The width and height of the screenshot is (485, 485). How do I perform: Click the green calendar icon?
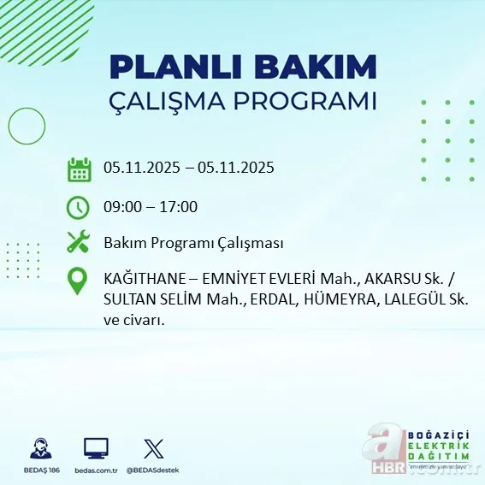click(x=79, y=169)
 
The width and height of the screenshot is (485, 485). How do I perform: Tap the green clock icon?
click(x=79, y=207)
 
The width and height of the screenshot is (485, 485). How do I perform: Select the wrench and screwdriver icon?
click(x=79, y=243)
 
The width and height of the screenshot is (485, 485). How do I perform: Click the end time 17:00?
click(x=179, y=206)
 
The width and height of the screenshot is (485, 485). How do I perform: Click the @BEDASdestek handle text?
click(x=154, y=470)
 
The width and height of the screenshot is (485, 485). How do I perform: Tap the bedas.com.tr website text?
click(x=96, y=470)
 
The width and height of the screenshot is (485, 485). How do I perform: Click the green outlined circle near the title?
click(x=27, y=127)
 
